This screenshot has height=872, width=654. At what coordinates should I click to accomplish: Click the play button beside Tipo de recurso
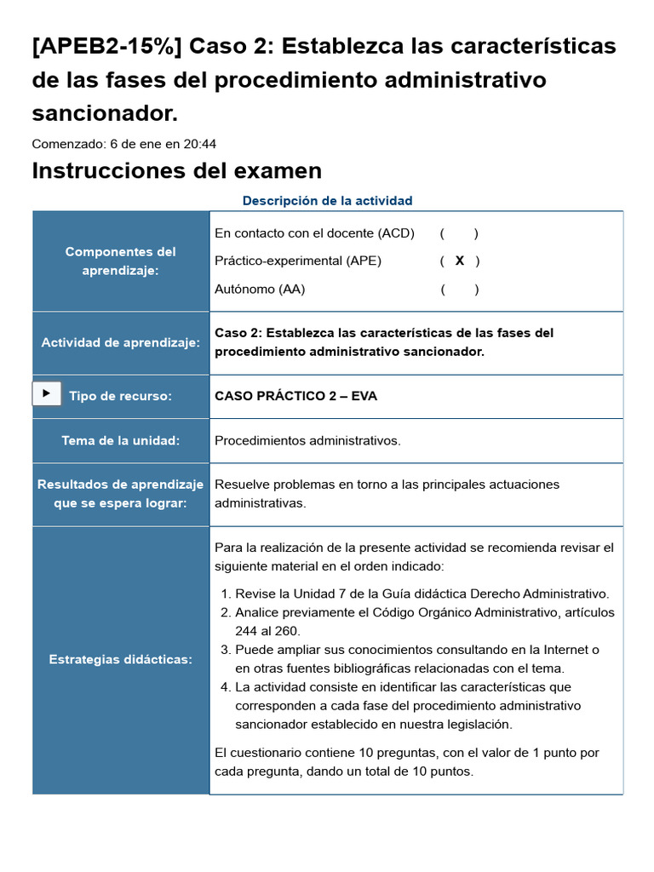tap(46, 393)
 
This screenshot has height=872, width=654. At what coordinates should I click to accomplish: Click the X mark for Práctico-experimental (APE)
tap(460, 261)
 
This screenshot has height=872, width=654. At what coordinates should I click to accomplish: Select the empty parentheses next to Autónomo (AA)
tap(460, 290)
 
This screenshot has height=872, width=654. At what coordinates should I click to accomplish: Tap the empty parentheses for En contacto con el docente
tap(459, 233)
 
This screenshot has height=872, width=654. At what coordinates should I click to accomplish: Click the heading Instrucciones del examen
tap(176, 170)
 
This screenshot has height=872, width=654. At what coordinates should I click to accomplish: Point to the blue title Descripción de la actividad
tap(327, 201)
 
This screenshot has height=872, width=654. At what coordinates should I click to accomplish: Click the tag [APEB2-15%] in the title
tap(106, 45)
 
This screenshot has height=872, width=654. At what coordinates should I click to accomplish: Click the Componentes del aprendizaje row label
tap(120, 261)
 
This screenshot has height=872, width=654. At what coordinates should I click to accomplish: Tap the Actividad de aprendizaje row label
tap(120, 342)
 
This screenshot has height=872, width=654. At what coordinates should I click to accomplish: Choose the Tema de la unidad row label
tap(120, 440)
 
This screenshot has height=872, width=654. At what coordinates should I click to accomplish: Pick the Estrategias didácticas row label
tap(120, 660)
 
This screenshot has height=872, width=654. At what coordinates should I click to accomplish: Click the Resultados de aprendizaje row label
tap(120, 494)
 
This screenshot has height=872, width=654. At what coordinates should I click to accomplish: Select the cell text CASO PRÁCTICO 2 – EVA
tap(295, 396)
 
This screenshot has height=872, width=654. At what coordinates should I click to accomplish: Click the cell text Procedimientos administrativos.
tap(307, 440)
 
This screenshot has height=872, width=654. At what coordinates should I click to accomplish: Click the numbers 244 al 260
tap(267, 631)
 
